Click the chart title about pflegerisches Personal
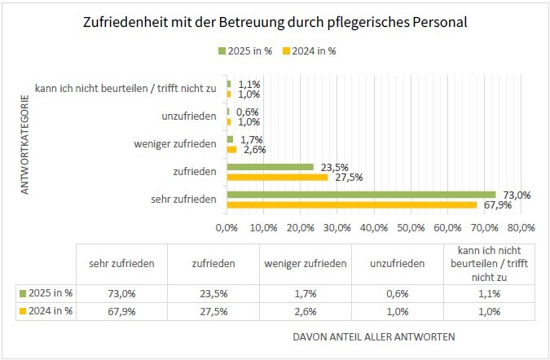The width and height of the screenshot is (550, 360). pyautogui.click(x=275, y=23)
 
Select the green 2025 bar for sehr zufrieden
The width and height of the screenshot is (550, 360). pyautogui.click(x=361, y=195)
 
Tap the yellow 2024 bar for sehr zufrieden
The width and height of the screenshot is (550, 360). pyautogui.click(x=351, y=204)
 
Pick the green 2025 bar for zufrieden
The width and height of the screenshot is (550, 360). pyautogui.click(x=270, y=167)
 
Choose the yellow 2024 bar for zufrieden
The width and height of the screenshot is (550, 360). pyautogui.click(x=277, y=177)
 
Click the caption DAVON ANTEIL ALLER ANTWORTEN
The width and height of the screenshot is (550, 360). pyautogui.click(x=374, y=336)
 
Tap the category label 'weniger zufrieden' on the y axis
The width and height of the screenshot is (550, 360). pyautogui.click(x=174, y=144)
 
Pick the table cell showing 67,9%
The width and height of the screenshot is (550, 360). pyautogui.click(x=121, y=311)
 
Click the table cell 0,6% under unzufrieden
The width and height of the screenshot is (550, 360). pyautogui.click(x=396, y=292)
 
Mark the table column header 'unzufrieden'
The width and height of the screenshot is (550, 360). pyautogui.click(x=396, y=263)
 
